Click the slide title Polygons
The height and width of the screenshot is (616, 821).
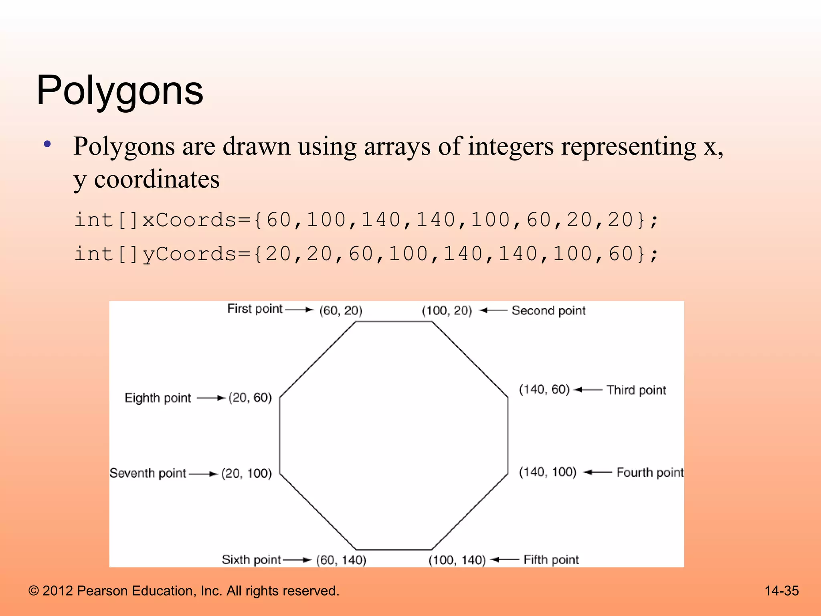(120, 91)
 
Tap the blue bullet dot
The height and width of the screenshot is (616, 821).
(48, 144)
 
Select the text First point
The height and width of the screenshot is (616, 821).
(255, 309)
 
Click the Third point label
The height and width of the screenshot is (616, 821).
(636, 390)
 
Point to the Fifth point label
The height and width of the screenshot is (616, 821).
(551, 559)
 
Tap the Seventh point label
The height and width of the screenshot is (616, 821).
(148, 473)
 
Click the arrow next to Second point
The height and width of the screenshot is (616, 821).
(493, 310)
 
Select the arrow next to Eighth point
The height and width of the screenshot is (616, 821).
(211, 398)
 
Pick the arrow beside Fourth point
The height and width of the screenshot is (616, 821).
(598, 472)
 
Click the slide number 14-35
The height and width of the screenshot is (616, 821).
(781, 591)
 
